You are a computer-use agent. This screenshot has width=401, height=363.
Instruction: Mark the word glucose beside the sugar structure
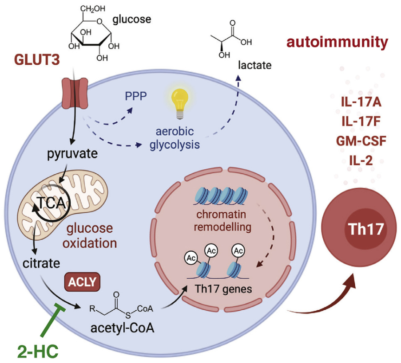coord(132,20)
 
